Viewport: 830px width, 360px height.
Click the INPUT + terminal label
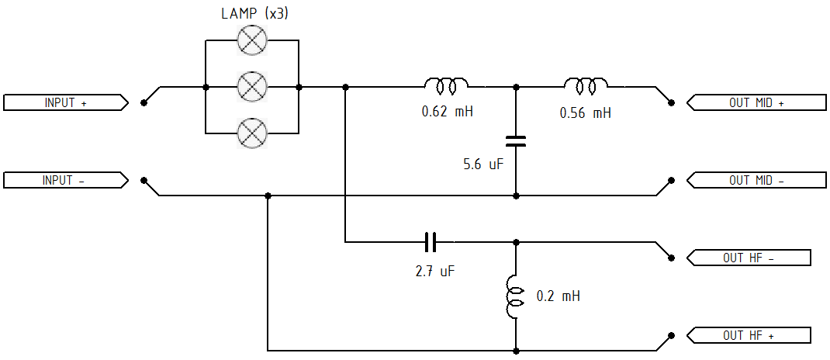click(x=66, y=102)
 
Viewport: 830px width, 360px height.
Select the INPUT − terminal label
click(x=66, y=180)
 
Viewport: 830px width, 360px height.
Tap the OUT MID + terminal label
click(x=756, y=102)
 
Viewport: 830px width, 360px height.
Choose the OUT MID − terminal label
click(x=756, y=180)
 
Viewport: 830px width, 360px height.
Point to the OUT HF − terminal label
click(x=749, y=258)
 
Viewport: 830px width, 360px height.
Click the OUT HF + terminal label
click(x=749, y=335)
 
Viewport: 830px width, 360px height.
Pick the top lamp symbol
click(x=252, y=40)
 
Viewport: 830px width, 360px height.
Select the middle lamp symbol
click(x=252, y=86)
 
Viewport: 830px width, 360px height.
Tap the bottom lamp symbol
click(x=252, y=133)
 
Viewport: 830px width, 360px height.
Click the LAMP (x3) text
click(x=254, y=13)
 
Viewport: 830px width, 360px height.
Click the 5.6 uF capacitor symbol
click(x=516, y=141)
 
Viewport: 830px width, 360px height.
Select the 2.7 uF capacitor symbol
click(x=431, y=243)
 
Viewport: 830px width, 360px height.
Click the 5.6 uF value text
click(x=482, y=164)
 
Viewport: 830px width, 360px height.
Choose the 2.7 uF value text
click(x=435, y=272)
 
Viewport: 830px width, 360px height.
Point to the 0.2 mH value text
click(x=558, y=296)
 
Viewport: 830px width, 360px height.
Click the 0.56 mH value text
click(x=586, y=112)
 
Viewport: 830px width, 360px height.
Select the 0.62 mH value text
click(x=447, y=112)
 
